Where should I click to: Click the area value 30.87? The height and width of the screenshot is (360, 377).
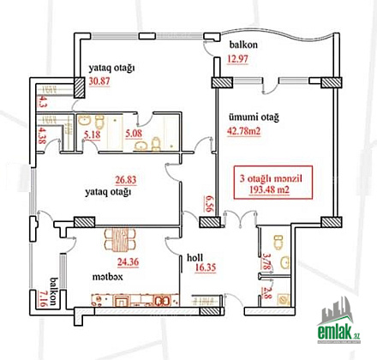point(99,81)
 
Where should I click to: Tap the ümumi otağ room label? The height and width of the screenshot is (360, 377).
point(254,117)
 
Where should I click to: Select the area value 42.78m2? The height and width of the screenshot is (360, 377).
point(244,131)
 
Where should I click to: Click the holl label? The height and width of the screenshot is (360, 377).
point(195,257)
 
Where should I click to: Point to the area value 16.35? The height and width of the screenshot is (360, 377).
point(206,267)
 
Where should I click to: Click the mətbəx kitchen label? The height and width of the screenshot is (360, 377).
point(107,277)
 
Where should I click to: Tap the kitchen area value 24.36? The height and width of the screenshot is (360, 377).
point(129,261)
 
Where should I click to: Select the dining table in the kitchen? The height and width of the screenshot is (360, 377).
point(120,240)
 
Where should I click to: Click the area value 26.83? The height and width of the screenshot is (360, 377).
point(126,180)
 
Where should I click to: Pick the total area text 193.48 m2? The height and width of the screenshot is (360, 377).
point(269,189)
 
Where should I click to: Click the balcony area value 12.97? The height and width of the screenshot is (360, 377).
point(237,59)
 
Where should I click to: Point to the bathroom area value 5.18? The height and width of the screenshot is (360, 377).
point(93,135)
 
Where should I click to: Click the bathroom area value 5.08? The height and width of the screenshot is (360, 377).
point(134,133)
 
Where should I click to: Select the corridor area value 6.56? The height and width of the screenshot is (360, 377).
point(208,203)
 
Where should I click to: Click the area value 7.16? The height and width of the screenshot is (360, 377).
point(41,298)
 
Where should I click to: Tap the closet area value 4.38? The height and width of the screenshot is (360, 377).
point(41,135)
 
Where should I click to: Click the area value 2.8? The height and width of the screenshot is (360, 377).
point(266,292)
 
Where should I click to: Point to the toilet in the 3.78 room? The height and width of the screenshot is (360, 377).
point(278,241)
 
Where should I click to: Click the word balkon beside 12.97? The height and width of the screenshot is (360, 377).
point(243,45)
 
